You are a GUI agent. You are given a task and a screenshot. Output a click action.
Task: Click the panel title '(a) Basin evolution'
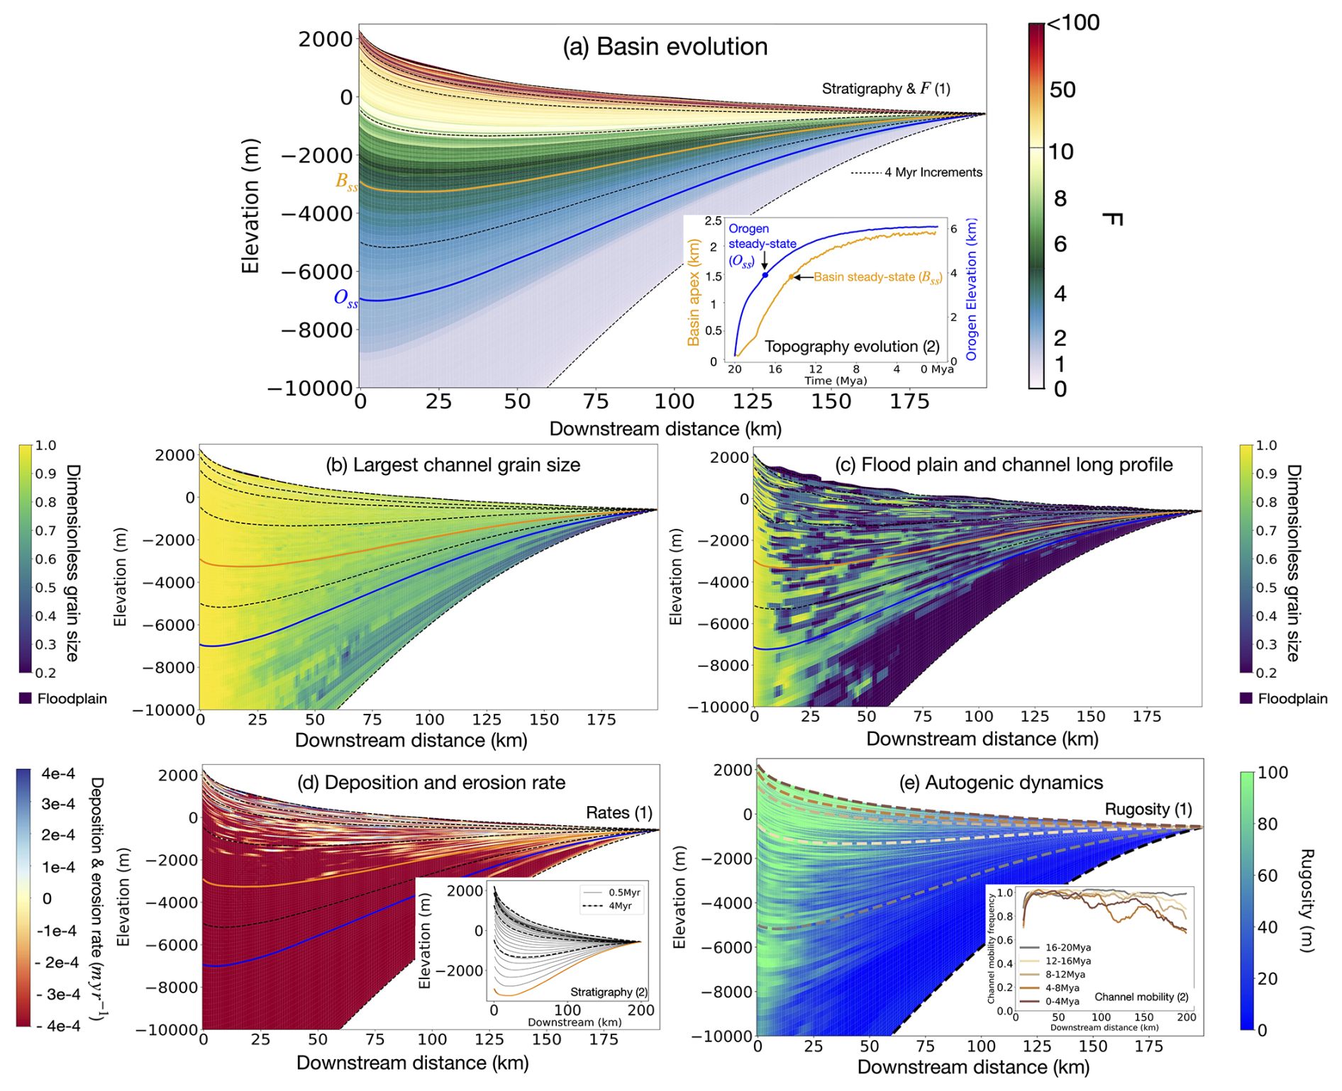[665, 47]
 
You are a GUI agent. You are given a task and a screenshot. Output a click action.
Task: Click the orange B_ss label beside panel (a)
[346, 181]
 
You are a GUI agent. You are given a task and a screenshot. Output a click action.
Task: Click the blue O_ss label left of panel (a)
[345, 298]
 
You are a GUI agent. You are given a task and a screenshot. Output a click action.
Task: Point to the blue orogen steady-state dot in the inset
[765, 275]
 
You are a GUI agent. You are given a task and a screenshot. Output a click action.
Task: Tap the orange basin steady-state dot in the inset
[792, 277]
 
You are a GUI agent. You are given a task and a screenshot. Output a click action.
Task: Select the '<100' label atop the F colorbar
[1073, 23]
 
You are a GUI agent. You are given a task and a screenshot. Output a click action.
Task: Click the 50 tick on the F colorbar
[1063, 90]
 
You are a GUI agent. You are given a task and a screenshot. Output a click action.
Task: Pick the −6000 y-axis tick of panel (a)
[317, 272]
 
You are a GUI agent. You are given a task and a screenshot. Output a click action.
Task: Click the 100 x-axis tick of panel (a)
[674, 402]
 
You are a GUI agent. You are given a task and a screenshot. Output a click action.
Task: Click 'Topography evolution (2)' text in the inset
[852, 347]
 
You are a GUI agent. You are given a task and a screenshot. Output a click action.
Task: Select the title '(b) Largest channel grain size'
[453, 465]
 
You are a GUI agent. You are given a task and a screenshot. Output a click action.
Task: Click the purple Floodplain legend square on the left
[26, 698]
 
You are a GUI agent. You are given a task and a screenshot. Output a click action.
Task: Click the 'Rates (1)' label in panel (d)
[619, 812]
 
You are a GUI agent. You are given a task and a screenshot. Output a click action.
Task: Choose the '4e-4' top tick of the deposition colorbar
[58, 774]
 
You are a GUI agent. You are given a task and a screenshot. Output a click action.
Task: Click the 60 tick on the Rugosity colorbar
[1268, 875]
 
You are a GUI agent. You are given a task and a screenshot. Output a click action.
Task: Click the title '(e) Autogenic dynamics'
[1001, 783]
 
